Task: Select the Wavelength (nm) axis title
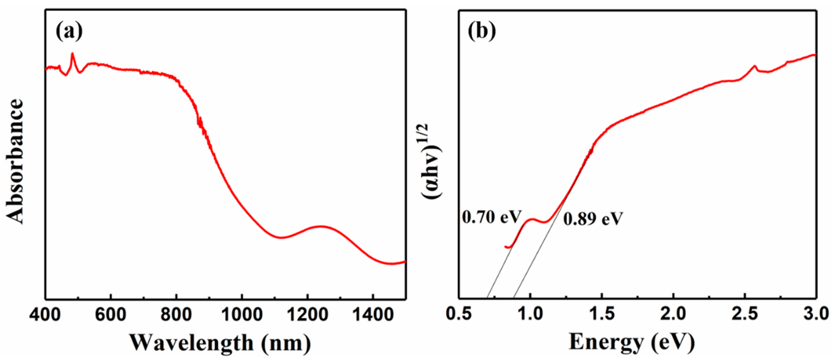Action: (x=220, y=343)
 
